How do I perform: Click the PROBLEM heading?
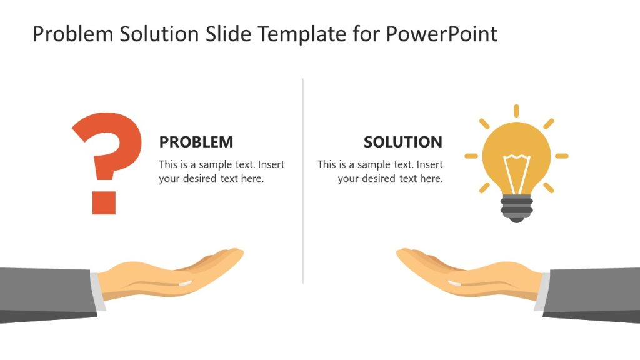(x=196, y=142)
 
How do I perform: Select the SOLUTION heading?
(x=402, y=142)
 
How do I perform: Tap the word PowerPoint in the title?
(x=442, y=34)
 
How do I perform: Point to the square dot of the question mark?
(x=104, y=202)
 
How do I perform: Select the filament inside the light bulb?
(x=516, y=172)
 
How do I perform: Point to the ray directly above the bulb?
(x=516, y=111)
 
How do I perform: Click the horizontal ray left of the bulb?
(x=471, y=156)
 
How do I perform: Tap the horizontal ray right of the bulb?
(x=562, y=156)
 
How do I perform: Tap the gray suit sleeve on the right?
(x=594, y=294)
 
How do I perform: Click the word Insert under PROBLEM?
(x=271, y=165)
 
